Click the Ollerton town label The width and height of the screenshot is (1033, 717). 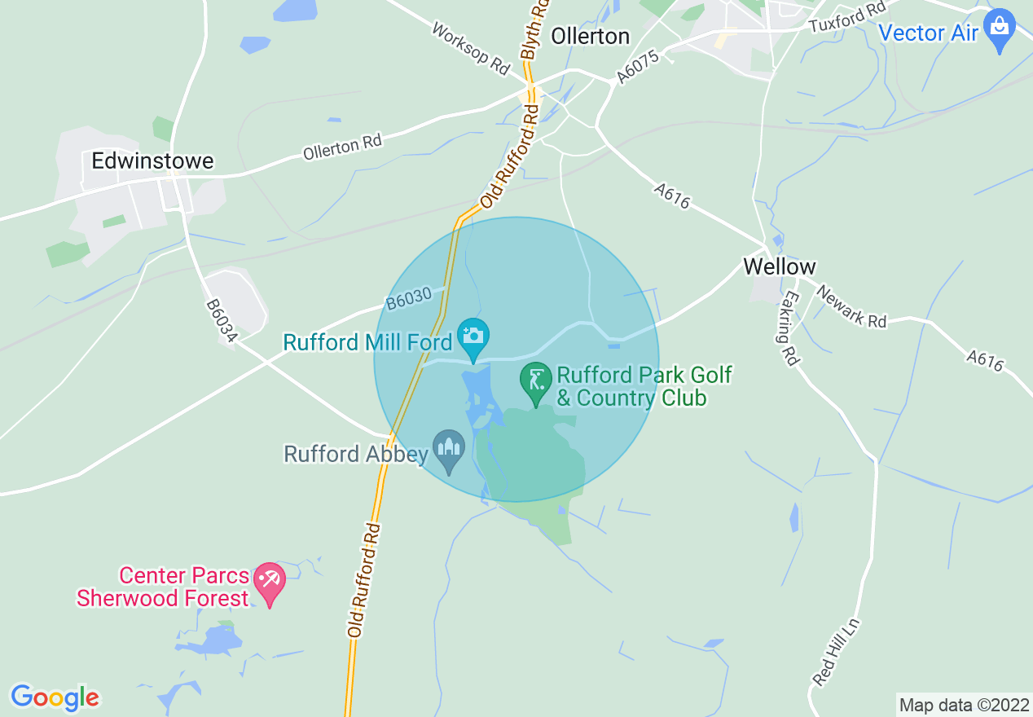(x=591, y=36)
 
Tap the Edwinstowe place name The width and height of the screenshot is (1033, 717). (x=152, y=161)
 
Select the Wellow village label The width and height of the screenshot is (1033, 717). (x=779, y=266)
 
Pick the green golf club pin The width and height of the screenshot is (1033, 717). (x=536, y=383)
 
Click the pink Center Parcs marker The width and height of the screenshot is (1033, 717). (x=270, y=583)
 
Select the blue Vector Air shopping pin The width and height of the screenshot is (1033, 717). (x=999, y=29)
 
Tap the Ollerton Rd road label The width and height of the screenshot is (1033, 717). (x=342, y=147)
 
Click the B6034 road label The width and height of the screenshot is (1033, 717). (x=220, y=320)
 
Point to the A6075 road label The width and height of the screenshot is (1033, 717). (x=635, y=64)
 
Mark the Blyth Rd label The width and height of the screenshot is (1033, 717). (x=534, y=29)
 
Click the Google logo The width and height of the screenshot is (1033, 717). (x=55, y=697)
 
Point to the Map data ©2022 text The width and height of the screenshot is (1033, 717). (x=965, y=705)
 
